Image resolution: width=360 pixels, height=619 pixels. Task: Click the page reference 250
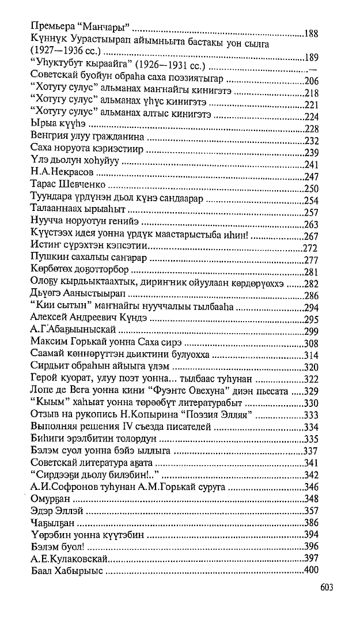coord(311,188)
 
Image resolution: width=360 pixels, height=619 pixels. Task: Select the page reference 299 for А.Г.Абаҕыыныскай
coord(311,330)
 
